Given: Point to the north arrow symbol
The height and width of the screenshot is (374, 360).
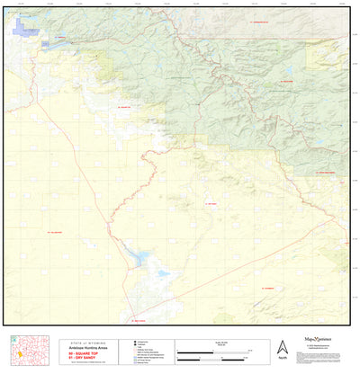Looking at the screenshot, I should pyautogui.click(x=282, y=346).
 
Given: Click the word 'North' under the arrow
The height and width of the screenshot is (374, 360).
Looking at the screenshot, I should pyautogui.click(x=282, y=358).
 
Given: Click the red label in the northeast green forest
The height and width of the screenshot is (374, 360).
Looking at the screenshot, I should pyautogui.click(x=287, y=80).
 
